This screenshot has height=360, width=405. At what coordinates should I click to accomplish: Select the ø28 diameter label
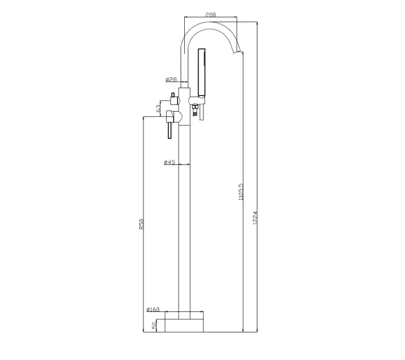[171, 79]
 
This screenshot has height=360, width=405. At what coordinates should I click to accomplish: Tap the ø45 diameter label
[170, 162]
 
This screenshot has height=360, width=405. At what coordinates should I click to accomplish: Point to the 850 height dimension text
[142, 223]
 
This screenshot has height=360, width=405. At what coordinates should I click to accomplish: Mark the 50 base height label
[154, 325]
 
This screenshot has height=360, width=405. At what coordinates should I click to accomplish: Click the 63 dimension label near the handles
[158, 108]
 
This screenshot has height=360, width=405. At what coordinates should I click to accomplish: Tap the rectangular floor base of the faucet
[184, 325]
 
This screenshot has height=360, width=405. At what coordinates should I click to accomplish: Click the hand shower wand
[202, 71]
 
